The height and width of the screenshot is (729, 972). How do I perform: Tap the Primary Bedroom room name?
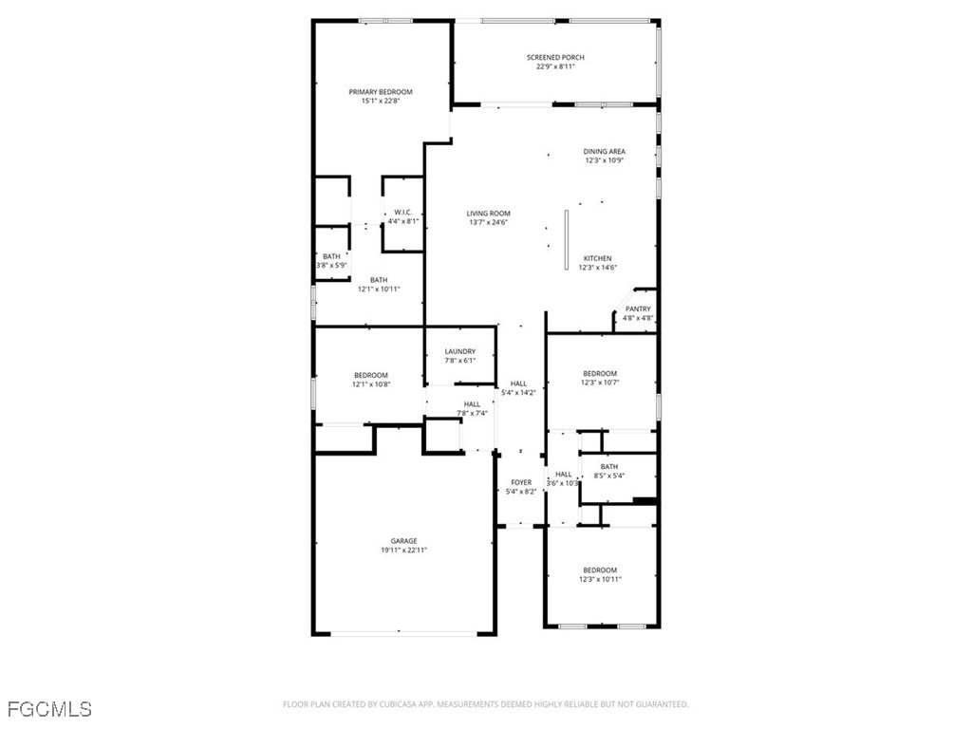(381, 92)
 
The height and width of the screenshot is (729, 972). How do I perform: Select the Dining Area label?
(604, 152)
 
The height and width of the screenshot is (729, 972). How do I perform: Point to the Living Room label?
(489, 214)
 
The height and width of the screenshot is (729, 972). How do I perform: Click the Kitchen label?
(597, 258)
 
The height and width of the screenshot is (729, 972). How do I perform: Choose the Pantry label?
(638, 308)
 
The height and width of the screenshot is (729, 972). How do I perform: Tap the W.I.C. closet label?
(402, 212)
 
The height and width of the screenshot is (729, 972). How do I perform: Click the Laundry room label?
(459, 351)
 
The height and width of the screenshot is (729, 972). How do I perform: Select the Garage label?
(403, 541)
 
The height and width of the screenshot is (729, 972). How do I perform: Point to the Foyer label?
(521, 482)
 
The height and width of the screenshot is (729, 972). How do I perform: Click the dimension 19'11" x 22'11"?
(403, 551)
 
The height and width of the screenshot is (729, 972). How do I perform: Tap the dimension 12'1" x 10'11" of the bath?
(379, 289)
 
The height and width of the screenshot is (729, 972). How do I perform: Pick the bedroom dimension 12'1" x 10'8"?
(371, 384)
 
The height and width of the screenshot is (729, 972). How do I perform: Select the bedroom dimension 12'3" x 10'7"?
(600, 383)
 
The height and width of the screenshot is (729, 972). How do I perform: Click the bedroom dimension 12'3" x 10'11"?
(600, 579)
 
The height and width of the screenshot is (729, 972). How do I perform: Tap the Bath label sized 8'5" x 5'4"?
(608, 466)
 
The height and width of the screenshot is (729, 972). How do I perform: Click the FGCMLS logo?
(49, 709)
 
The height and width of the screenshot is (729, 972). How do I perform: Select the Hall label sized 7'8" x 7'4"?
(472, 404)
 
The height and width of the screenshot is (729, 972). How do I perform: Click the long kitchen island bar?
(566, 240)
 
